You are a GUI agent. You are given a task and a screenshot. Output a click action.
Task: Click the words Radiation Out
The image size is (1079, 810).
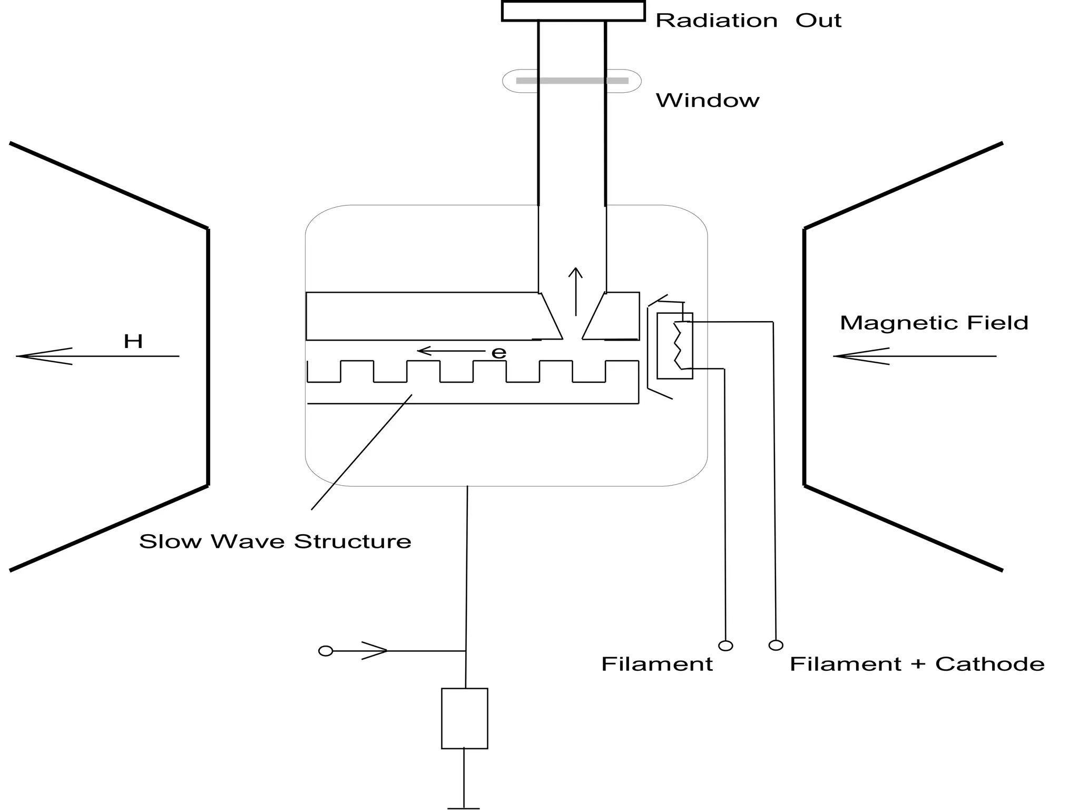748,21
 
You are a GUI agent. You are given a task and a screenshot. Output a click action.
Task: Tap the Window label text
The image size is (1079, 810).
707,101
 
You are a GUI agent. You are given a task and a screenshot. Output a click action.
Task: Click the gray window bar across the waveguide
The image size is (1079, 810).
572,81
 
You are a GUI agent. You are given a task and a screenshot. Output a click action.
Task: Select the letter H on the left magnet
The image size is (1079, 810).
133,342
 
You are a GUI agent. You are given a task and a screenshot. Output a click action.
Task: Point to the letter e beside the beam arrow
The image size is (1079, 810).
498,353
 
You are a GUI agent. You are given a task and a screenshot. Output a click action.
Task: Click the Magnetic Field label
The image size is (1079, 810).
934,323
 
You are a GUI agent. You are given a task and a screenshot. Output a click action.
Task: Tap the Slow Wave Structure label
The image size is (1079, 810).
275,542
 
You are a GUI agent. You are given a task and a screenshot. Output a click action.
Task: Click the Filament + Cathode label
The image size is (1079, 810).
917,664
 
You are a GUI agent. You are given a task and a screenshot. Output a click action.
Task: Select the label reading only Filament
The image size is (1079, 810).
656,664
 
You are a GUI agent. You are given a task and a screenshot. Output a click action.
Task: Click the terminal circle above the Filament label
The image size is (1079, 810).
725,645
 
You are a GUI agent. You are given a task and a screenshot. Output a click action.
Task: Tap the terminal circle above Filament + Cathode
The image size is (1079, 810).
776,645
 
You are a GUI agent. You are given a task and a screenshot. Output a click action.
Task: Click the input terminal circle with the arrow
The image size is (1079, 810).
326,651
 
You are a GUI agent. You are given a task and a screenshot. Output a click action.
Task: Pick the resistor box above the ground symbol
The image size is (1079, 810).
464,718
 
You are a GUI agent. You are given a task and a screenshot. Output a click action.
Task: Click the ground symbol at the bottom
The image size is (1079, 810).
464,807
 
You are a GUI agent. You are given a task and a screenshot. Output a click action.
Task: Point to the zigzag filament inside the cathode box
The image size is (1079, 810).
678,345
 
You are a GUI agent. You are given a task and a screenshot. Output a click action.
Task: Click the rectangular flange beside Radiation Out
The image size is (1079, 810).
573,11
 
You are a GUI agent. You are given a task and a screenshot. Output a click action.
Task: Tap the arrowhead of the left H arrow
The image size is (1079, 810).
26,356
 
